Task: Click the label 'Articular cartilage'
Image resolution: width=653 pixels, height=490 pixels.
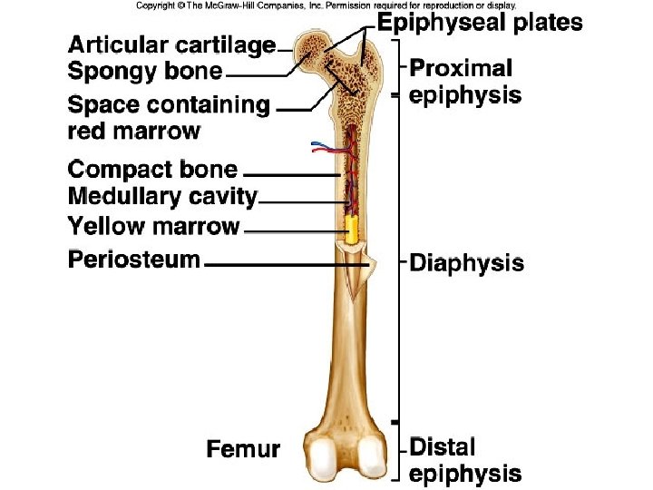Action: [x=171, y=45]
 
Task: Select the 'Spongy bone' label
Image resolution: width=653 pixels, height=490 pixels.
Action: [x=145, y=71]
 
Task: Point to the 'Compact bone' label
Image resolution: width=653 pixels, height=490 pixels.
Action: [x=153, y=170]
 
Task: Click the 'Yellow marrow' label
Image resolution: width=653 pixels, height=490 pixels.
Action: [x=154, y=226]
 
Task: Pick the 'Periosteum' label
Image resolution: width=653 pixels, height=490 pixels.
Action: [x=134, y=260]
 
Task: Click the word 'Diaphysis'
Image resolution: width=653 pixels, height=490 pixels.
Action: [x=467, y=263]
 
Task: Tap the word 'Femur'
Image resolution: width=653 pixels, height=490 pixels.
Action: [x=243, y=448]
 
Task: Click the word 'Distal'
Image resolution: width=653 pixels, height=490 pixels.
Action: [x=443, y=447]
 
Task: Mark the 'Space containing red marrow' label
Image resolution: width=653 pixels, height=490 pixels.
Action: [x=169, y=118]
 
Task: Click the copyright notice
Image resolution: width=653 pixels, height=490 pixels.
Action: [x=326, y=5]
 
